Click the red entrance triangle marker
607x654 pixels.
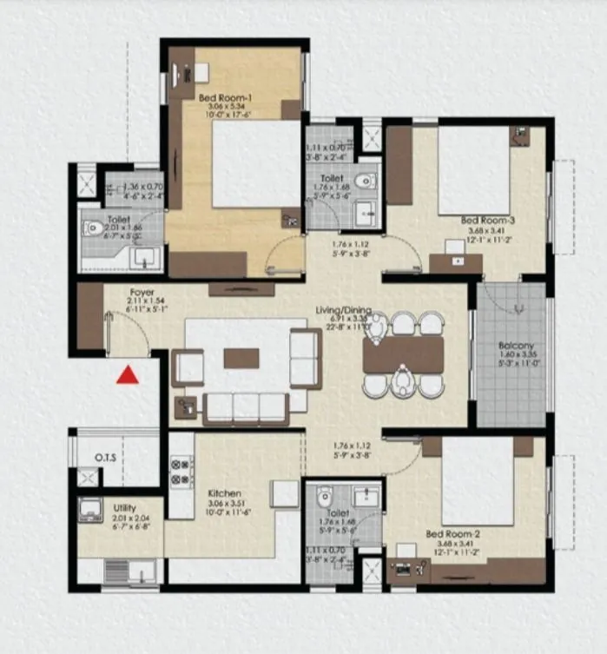(x=129, y=375)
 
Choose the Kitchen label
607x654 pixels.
(x=224, y=493)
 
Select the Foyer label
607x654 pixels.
(x=142, y=293)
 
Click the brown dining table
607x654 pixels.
(x=403, y=353)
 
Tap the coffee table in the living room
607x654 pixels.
(x=241, y=358)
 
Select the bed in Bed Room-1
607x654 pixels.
(x=255, y=163)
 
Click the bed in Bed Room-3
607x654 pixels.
(x=474, y=170)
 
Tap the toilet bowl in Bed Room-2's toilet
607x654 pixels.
(x=326, y=498)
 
